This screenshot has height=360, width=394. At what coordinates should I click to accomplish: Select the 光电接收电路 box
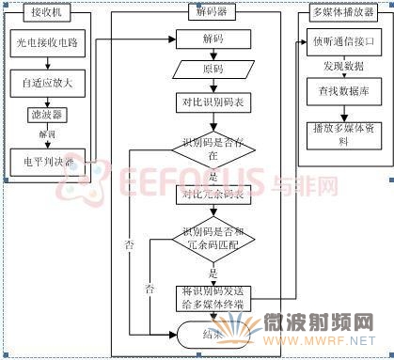48,43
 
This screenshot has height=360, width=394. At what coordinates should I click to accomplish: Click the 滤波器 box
45,115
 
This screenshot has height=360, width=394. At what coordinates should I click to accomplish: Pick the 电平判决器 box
46,161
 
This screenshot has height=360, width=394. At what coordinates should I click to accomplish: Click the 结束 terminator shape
212,333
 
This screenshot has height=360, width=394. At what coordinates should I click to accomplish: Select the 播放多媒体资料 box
342,135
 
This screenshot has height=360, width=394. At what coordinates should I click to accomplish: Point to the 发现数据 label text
341,68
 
